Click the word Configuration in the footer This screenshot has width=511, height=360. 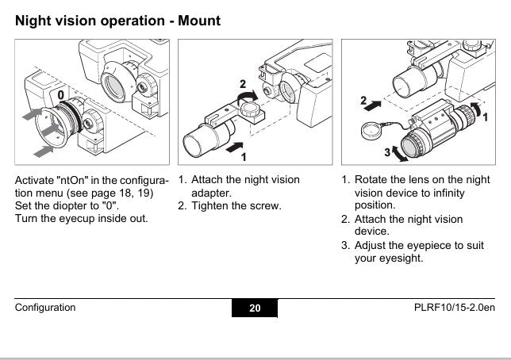46,308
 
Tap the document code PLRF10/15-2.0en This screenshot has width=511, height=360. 455,308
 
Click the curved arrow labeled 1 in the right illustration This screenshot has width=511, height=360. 475,106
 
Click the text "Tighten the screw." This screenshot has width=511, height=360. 236,206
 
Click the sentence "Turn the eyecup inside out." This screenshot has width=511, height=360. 82,218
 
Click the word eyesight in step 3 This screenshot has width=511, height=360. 405,259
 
